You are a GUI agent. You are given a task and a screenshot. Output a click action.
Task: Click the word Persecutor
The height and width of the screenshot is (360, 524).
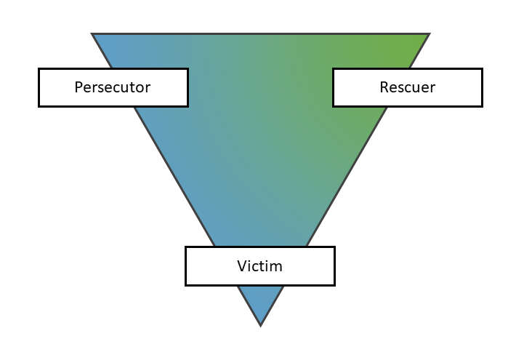click(113, 87)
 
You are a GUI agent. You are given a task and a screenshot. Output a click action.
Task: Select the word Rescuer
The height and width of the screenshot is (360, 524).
click(407, 87)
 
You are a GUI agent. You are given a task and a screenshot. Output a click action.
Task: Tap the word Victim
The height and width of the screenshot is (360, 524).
click(259, 265)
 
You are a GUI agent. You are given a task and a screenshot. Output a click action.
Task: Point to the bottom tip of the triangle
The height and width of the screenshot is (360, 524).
click(260, 324)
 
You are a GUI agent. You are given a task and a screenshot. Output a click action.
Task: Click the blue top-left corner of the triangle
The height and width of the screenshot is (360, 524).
click(94, 34)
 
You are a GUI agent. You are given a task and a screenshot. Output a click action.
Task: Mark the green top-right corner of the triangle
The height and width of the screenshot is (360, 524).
click(427, 34)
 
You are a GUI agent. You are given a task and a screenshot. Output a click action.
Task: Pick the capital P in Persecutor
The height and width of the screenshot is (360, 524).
click(78, 87)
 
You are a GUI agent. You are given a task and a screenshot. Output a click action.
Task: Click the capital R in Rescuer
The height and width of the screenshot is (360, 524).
click(384, 87)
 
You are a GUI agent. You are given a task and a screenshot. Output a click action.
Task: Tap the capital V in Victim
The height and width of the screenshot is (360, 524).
click(242, 265)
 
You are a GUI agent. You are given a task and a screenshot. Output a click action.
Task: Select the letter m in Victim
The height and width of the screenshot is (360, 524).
click(276, 265)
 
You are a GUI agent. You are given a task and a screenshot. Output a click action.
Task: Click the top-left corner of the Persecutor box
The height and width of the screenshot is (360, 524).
click(39, 69)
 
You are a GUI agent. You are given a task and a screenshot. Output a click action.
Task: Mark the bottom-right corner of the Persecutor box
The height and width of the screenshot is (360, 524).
click(188, 106)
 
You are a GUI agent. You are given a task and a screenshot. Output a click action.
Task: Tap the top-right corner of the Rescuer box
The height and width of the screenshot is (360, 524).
click(482, 69)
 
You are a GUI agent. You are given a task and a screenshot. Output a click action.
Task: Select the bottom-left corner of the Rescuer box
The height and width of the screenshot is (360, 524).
click(334, 106)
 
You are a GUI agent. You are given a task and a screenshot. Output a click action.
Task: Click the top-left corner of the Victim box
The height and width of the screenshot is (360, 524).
click(186, 247)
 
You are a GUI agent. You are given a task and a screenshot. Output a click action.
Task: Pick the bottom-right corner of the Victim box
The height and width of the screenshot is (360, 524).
click(334, 284)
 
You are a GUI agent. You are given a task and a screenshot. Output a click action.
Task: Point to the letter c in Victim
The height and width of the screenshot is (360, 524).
click(256, 266)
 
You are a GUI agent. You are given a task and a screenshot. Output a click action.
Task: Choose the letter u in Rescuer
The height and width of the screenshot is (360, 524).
click(416, 88)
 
